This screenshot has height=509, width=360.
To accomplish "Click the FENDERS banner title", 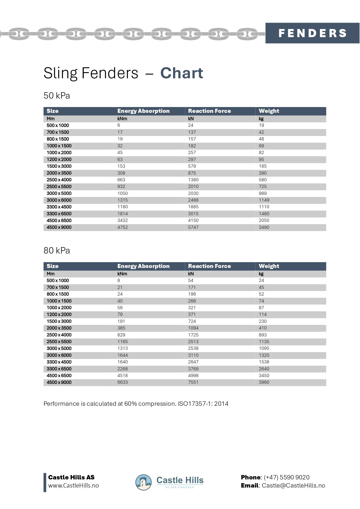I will click(312, 33).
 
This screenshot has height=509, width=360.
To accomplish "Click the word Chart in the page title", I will click(182, 73).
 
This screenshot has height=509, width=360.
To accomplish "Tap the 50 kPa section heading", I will click(57, 96).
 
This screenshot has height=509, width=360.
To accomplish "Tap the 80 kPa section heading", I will click(57, 251).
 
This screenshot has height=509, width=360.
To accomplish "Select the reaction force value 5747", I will click(193, 227).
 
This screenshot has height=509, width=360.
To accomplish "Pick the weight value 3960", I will click(264, 382).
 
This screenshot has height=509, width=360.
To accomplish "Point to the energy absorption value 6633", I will click(123, 382).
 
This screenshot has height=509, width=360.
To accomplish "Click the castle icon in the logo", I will click(143, 483).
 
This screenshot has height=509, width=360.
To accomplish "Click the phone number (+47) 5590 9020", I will click(287, 477).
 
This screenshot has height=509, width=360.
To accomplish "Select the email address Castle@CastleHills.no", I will click(293, 486).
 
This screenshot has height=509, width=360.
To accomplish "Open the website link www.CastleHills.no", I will click(73, 486).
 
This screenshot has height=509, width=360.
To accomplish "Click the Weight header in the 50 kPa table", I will click(269, 111).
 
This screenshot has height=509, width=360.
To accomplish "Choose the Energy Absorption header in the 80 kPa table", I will click(143, 266).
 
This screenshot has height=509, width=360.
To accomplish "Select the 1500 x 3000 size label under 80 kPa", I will click(59, 321).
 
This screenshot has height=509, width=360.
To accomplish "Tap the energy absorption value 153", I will click(121, 166).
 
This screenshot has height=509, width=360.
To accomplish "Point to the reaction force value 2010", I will click(193, 186).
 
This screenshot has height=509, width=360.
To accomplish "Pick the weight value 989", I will click(263, 193).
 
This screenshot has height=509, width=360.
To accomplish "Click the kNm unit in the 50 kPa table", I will click(122, 119).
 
